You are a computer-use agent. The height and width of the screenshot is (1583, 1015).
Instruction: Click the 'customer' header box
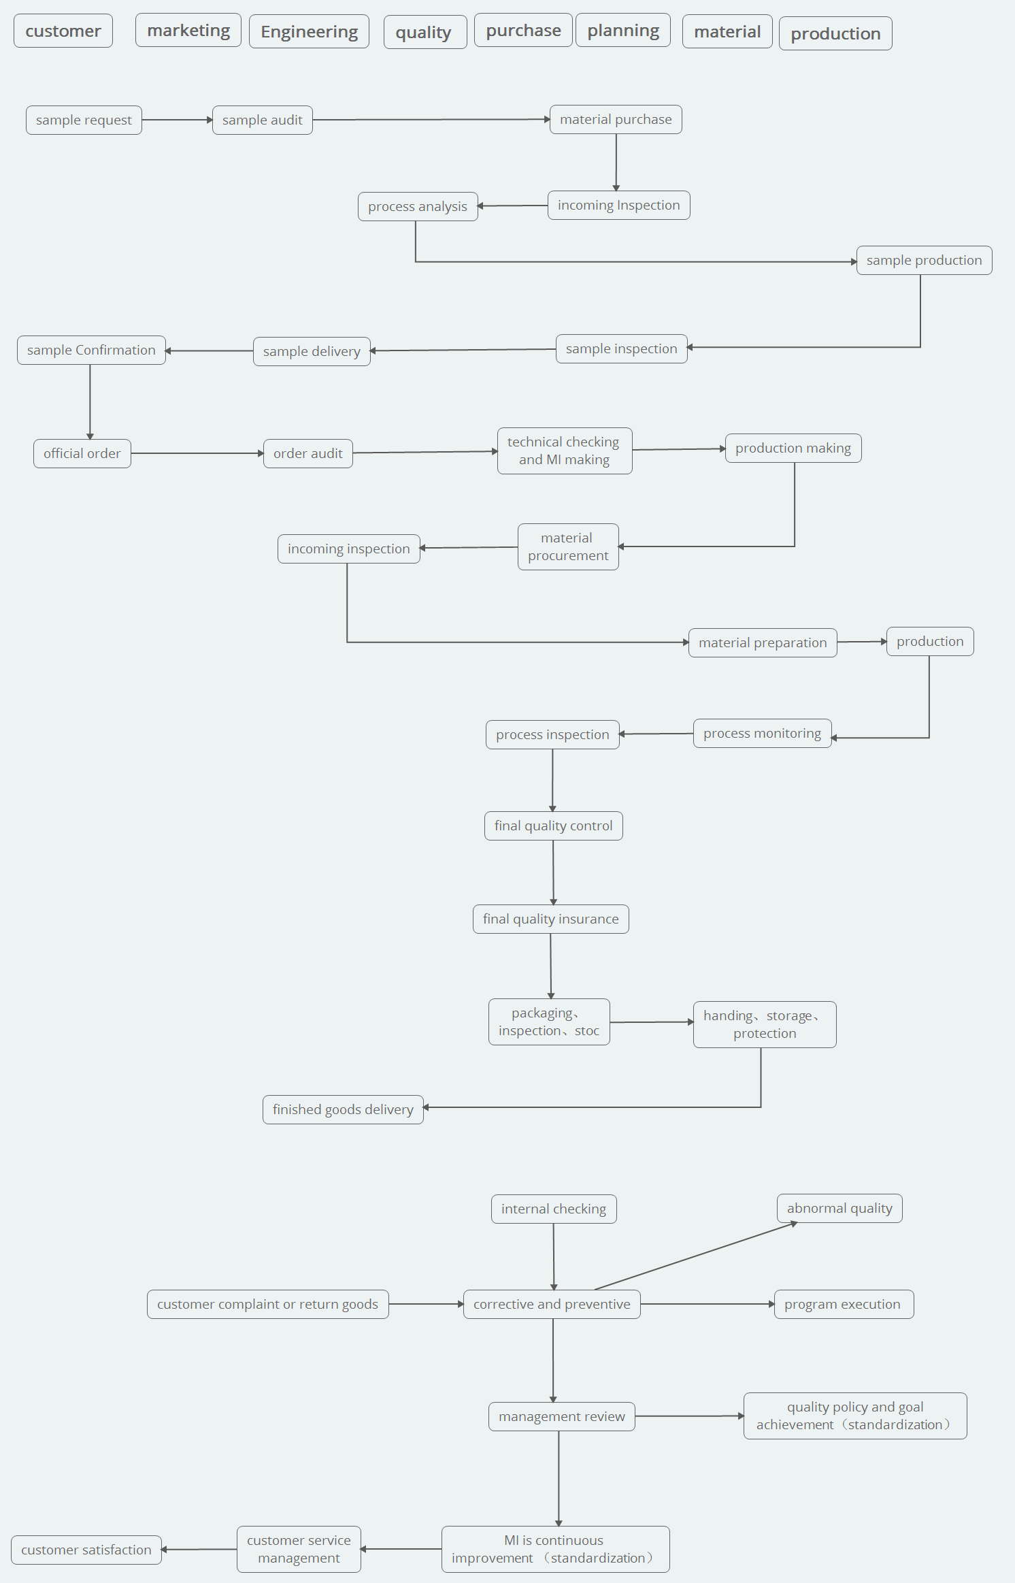[63, 31]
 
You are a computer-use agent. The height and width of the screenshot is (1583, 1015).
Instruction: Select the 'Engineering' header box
[310, 32]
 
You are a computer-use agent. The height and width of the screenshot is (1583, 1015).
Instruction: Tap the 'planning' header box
[623, 31]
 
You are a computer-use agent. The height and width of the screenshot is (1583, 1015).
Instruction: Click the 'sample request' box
[84, 120]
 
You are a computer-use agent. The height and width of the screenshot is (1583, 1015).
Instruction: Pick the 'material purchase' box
[616, 120]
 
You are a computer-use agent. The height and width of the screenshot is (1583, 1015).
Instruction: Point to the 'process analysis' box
[418, 207]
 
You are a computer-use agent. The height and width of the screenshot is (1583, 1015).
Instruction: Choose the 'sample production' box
[925, 261]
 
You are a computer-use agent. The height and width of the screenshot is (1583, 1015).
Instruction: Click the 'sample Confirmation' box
[91, 350]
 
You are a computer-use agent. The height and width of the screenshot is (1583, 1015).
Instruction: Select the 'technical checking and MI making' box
[565, 451]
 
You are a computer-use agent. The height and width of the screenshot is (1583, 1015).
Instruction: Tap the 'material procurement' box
[568, 547]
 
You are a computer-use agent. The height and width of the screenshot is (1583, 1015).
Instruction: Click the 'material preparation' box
[763, 643]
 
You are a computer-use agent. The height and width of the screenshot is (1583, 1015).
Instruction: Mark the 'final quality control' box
[554, 826]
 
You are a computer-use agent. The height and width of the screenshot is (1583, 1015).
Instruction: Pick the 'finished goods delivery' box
[343, 1110]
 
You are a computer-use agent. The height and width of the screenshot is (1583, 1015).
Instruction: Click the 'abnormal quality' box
[839, 1209]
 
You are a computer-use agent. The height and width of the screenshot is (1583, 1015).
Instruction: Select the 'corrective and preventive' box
[552, 1305]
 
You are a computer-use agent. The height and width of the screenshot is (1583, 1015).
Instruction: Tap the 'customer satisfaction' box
[86, 1550]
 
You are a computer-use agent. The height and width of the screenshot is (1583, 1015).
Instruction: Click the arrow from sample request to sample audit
[178, 120]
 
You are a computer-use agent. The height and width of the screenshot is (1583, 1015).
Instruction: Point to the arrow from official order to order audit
[197, 453]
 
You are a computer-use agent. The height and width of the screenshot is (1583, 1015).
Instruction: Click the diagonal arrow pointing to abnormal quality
[696, 1256]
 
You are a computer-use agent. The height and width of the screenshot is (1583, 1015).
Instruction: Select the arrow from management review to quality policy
[690, 1416]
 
